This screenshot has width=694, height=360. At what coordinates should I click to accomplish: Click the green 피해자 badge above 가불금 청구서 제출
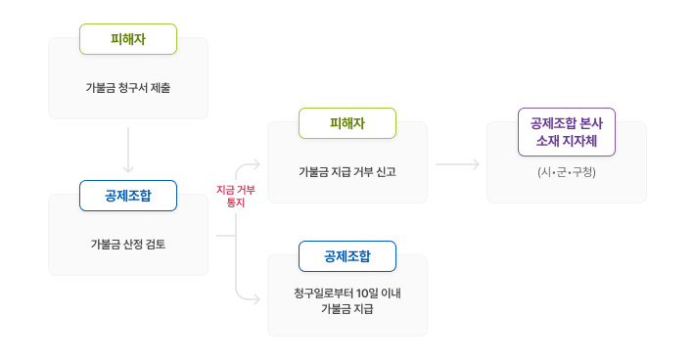[x=127, y=39]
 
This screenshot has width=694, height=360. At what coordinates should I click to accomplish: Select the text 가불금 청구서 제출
[x=127, y=88]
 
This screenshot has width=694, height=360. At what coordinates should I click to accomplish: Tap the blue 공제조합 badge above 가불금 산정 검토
[x=127, y=195]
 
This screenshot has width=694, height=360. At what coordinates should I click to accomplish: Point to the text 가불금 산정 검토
[x=127, y=244]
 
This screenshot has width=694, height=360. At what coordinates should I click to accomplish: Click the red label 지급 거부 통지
[x=235, y=196]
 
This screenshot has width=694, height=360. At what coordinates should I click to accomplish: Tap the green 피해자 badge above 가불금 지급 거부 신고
[x=347, y=123]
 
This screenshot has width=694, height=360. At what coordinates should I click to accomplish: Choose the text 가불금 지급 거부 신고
[x=347, y=172]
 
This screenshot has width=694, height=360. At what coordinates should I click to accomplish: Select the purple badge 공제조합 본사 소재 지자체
[x=566, y=131]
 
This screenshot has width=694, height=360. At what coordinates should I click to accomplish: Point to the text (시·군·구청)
[x=567, y=172]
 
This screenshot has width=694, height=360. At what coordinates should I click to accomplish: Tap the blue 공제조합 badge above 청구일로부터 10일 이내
[x=347, y=256]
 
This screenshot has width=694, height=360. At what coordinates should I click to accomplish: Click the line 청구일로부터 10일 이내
[x=347, y=294]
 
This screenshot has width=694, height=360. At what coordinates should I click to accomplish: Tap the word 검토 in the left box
[x=156, y=244]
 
